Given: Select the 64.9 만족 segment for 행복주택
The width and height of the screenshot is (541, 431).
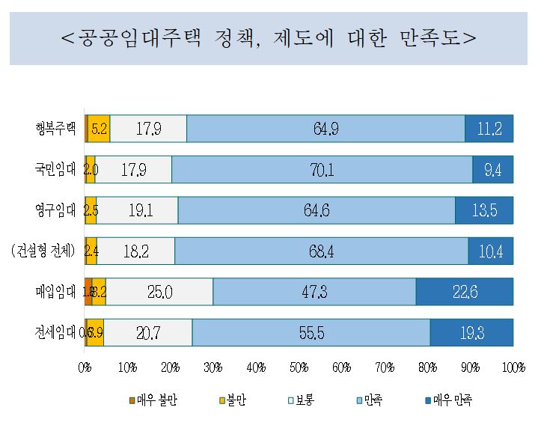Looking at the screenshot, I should coord(325,129).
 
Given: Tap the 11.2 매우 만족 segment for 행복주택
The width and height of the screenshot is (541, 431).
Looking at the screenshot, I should coord(489,129).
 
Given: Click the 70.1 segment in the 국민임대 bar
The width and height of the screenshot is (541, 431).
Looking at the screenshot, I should coord(322,170).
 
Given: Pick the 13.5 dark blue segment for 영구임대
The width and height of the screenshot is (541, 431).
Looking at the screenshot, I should coord(484,210).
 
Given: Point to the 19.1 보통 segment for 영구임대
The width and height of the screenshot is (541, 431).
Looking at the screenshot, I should coord(138,210).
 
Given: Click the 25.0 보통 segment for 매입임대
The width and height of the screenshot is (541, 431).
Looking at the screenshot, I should coord(159,292).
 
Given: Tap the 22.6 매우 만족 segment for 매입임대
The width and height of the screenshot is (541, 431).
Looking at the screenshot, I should coord(465,292).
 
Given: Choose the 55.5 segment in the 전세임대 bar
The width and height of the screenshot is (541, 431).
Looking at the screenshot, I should coord(311,332).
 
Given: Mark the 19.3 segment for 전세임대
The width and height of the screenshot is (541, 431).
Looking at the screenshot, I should coord(471,332).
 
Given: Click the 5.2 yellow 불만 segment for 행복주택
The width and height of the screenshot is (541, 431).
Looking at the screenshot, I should coord(99,129).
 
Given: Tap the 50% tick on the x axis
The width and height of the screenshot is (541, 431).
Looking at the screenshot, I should coord(299,367).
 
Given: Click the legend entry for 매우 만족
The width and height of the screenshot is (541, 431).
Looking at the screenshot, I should coord(449,400).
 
